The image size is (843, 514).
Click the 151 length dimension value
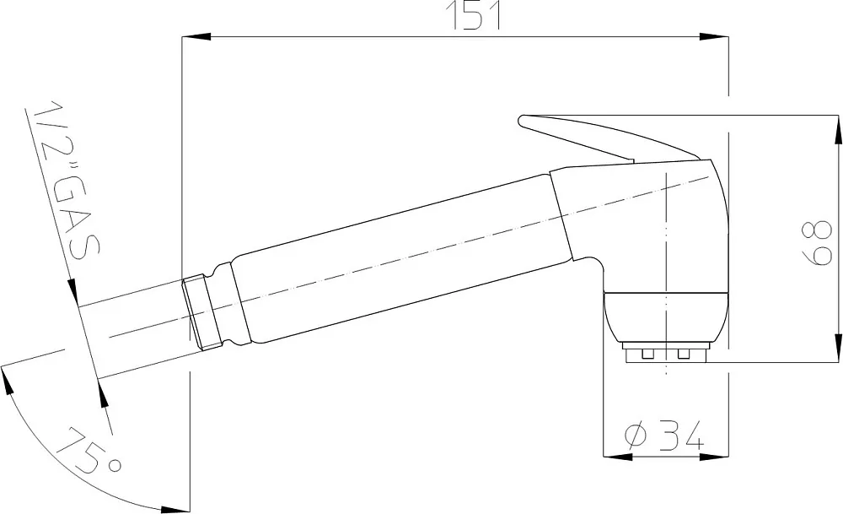click(475, 15)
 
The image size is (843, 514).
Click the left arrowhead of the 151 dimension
click(196, 36)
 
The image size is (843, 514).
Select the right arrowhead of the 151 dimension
click(714, 36)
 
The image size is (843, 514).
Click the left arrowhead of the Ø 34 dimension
click(617, 457)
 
